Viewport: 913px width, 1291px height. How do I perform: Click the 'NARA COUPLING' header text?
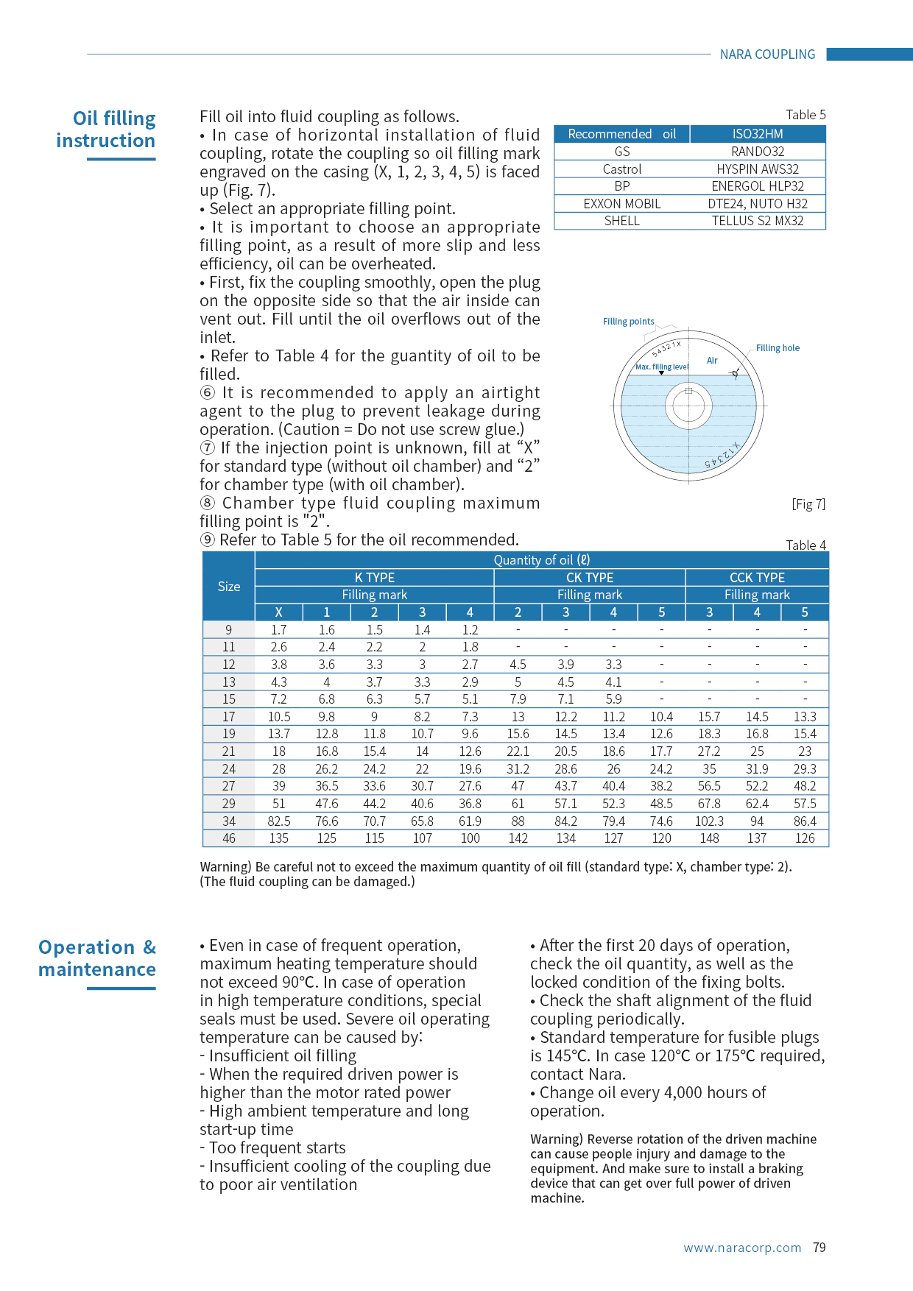[x=767, y=54]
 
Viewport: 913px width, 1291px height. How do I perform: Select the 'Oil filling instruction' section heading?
[x=106, y=130]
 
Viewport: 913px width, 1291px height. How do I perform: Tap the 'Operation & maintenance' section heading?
[x=97, y=958]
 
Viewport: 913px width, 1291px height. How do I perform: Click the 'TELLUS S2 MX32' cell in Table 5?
[x=757, y=221]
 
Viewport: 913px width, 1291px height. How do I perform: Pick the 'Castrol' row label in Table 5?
[x=622, y=169]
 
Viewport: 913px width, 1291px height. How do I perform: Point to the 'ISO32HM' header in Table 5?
[x=757, y=134]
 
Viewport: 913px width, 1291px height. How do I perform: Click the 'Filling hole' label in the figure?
[x=778, y=348]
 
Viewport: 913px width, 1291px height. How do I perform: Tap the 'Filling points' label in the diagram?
[x=628, y=322]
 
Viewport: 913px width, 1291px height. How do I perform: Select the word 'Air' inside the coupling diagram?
[x=712, y=361]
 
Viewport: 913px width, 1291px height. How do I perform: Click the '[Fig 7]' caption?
[x=808, y=504]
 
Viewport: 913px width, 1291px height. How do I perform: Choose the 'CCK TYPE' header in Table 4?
[x=757, y=578]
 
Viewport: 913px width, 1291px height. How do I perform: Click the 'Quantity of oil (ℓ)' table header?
[x=541, y=560]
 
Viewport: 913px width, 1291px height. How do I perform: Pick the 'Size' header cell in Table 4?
[x=229, y=587]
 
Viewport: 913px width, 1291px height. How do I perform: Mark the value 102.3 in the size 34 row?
[x=709, y=821]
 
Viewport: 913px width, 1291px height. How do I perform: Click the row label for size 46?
[x=229, y=838]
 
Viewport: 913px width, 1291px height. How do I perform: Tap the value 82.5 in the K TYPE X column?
[x=279, y=821]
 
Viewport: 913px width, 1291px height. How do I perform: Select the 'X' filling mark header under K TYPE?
[x=279, y=612]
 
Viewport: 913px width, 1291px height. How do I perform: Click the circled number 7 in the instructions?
[x=208, y=448]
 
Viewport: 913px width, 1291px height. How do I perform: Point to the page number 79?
[x=819, y=1248]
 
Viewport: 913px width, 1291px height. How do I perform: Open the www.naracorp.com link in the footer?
[x=742, y=1248]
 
